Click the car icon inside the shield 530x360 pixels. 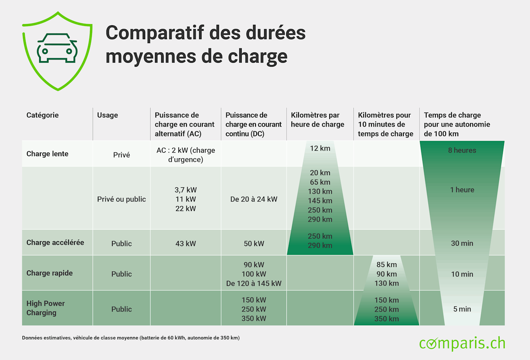pos(57,48)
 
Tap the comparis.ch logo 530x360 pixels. pos(462,343)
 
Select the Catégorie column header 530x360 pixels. pos(43,115)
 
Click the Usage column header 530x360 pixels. pos(107,115)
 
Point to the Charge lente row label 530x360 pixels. pos(47,154)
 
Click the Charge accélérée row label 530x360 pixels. pos(55,242)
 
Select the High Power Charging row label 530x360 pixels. pos(45,308)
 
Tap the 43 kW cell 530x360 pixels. pos(185,244)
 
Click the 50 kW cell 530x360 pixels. pos(254,244)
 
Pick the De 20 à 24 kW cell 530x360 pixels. pos(254,199)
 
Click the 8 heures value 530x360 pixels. pos(462,150)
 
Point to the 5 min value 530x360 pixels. pos(462,309)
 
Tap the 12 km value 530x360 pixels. pos(320,148)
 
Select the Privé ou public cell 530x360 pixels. pos(121,199)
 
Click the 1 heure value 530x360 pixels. pos(462,190)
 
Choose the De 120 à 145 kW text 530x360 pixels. pos(254,283)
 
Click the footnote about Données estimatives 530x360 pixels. pos(131,338)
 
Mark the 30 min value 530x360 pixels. pos(462,243)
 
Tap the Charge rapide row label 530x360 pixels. pos(49,273)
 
